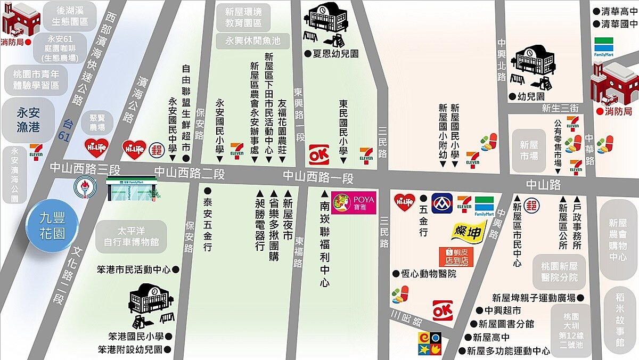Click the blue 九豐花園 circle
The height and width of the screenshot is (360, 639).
[52, 226]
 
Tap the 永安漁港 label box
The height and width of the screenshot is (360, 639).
[28, 119]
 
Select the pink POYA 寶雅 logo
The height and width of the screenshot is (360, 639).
[354, 202]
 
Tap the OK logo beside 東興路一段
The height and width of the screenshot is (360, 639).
[319, 155]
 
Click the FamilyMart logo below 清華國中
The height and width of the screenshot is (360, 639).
[604, 47]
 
